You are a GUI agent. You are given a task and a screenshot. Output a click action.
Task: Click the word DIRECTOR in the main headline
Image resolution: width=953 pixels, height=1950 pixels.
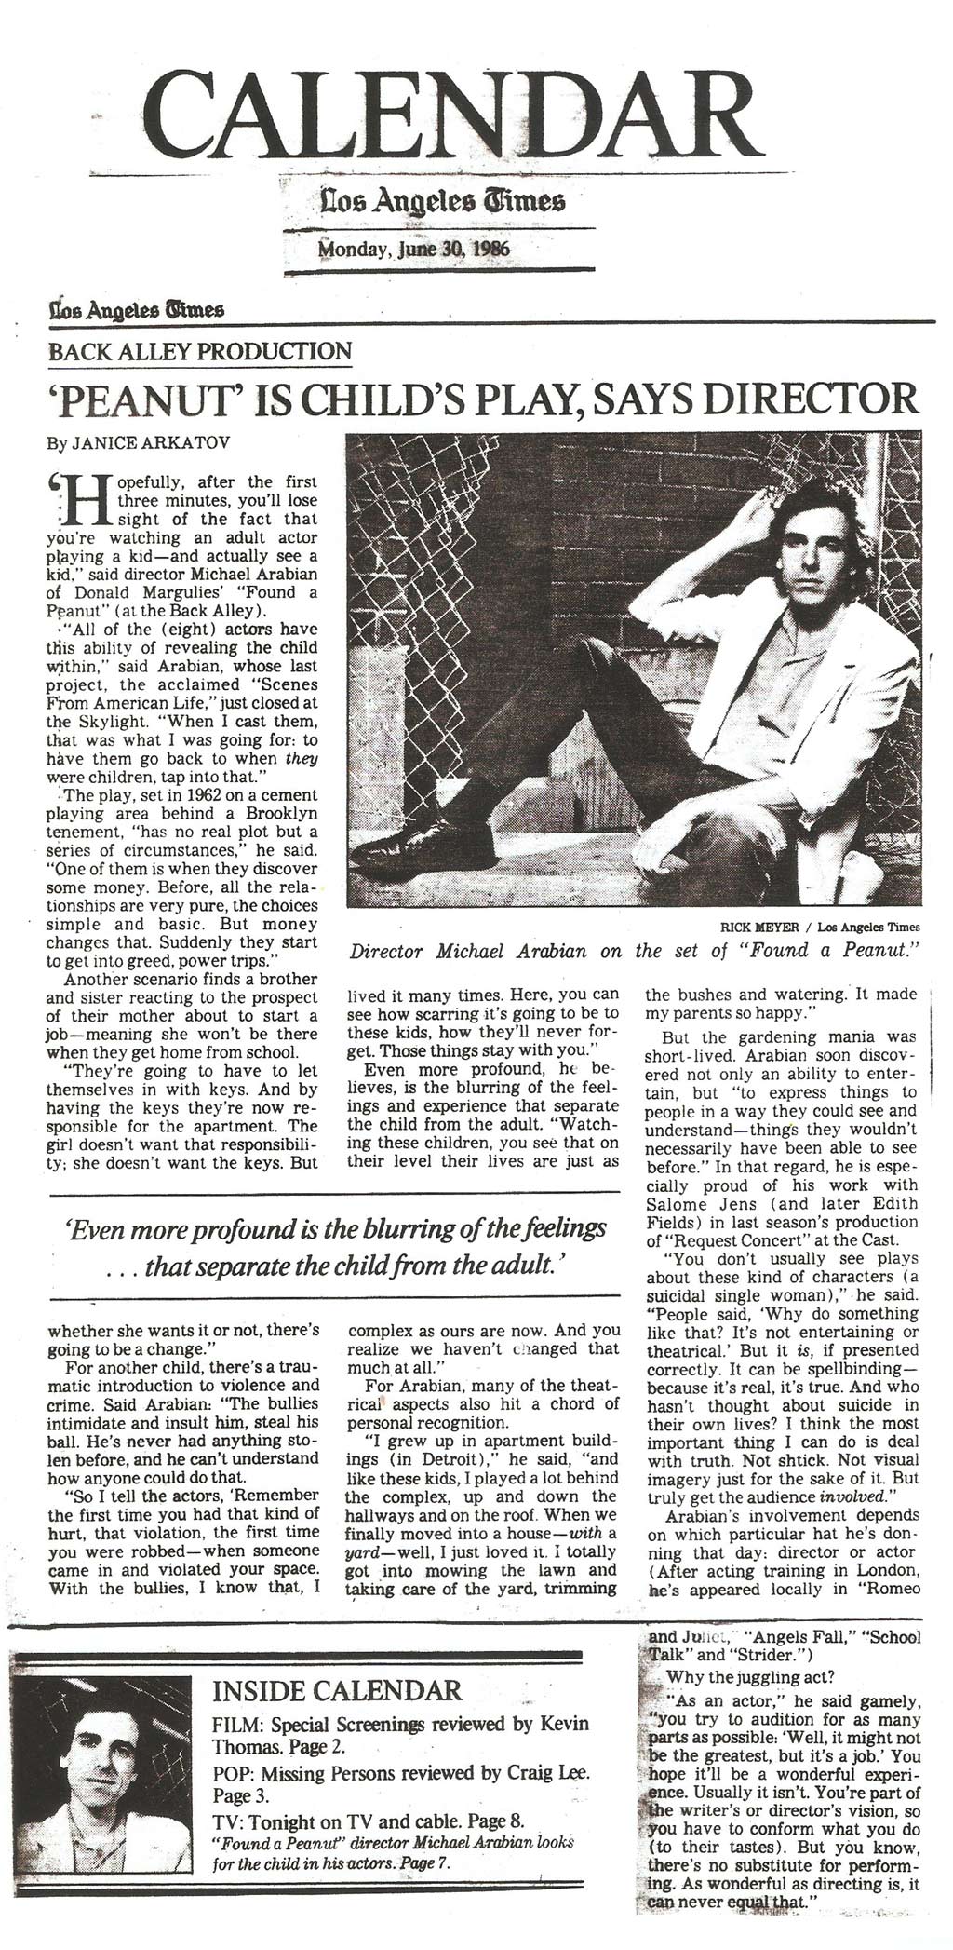coord(808,399)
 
